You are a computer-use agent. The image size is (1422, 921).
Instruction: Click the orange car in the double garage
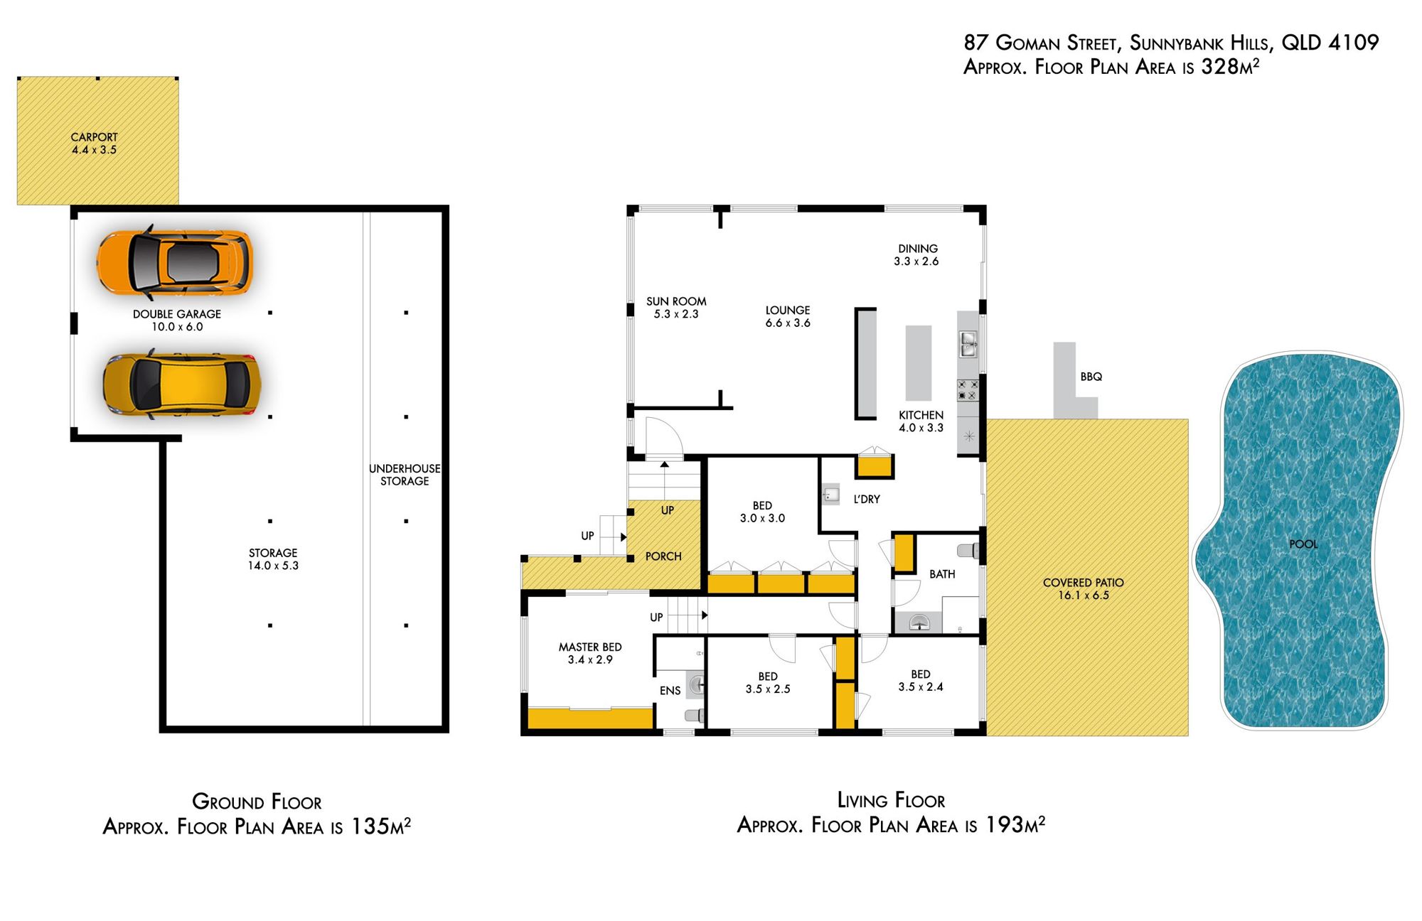click(174, 262)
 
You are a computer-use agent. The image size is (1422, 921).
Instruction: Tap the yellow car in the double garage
click(182, 384)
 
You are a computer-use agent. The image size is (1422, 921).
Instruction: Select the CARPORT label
click(94, 137)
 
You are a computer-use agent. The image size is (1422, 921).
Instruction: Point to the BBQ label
click(1091, 377)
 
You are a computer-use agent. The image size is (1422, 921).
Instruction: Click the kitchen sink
click(968, 344)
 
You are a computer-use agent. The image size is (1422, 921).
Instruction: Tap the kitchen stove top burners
click(968, 389)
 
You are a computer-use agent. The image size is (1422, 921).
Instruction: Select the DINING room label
click(917, 249)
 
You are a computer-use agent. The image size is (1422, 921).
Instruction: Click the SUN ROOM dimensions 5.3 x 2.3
click(676, 314)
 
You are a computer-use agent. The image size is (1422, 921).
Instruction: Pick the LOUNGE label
click(788, 311)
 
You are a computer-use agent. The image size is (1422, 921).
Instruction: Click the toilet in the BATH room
click(968, 550)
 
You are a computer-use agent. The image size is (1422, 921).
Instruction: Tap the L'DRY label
click(867, 500)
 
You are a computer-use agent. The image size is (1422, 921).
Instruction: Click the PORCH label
click(663, 556)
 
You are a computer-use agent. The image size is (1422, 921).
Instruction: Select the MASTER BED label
click(590, 647)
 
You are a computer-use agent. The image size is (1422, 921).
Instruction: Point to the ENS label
click(670, 691)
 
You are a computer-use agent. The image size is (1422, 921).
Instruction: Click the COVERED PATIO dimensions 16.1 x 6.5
click(1084, 596)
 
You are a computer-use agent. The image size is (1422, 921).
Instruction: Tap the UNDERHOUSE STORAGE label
click(405, 475)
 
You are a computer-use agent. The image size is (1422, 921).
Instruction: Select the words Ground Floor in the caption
click(257, 802)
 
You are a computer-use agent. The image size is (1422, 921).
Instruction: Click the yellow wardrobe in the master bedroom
click(591, 718)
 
